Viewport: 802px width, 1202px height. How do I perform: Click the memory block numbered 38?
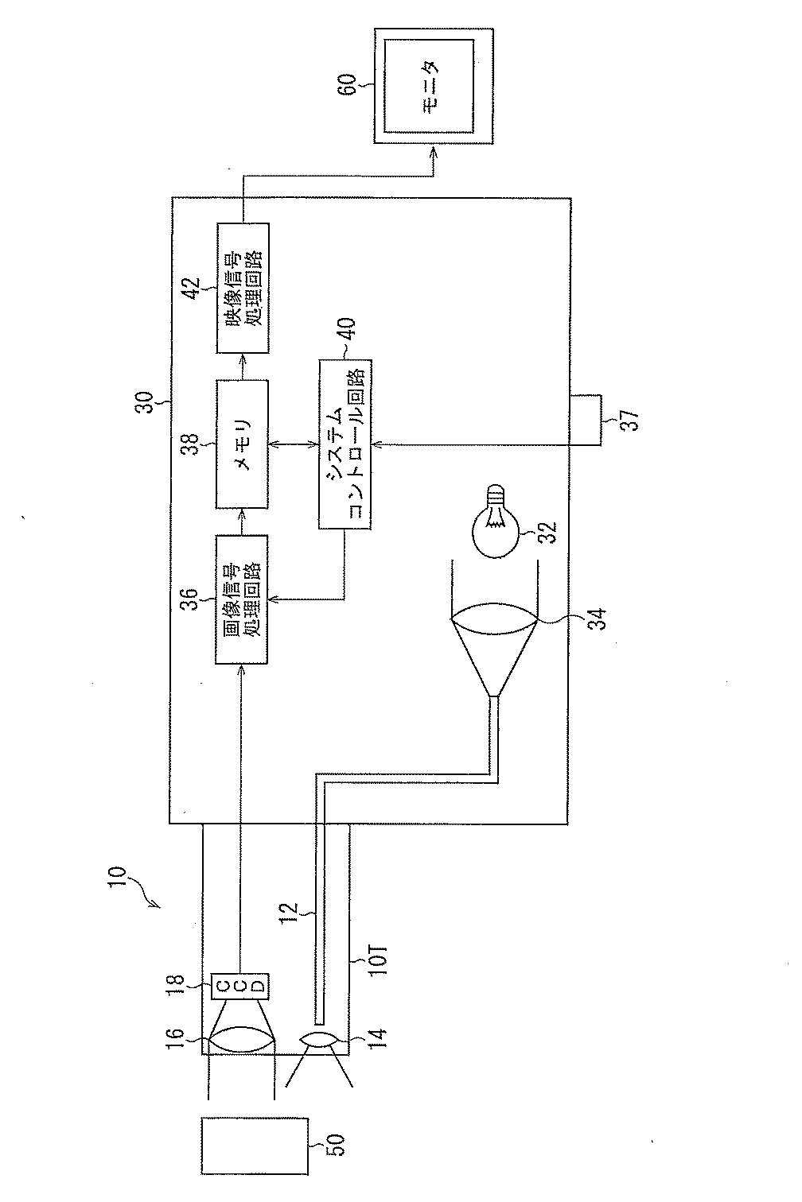pyautogui.click(x=242, y=444)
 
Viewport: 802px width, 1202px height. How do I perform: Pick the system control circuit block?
pyautogui.click(x=345, y=444)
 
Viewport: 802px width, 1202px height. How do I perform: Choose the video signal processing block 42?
pyautogui.click(x=242, y=288)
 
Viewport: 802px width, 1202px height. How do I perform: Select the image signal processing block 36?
pyautogui.click(x=242, y=599)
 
